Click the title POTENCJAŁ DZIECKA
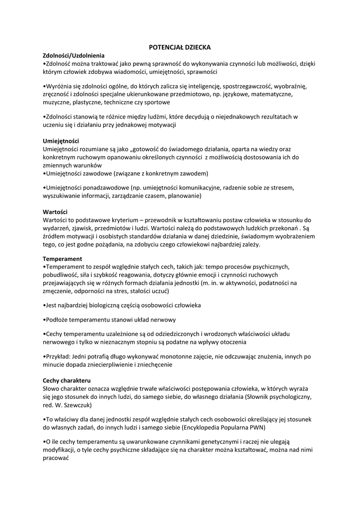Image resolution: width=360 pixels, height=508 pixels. [x=180, y=47]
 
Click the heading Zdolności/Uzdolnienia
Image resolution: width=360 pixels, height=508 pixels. [x=73, y=56]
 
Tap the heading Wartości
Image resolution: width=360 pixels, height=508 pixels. [x=55, y=212]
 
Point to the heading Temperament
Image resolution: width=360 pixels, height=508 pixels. [x=63, y=259]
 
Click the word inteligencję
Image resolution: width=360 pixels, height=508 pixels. [x=200, y=86]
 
